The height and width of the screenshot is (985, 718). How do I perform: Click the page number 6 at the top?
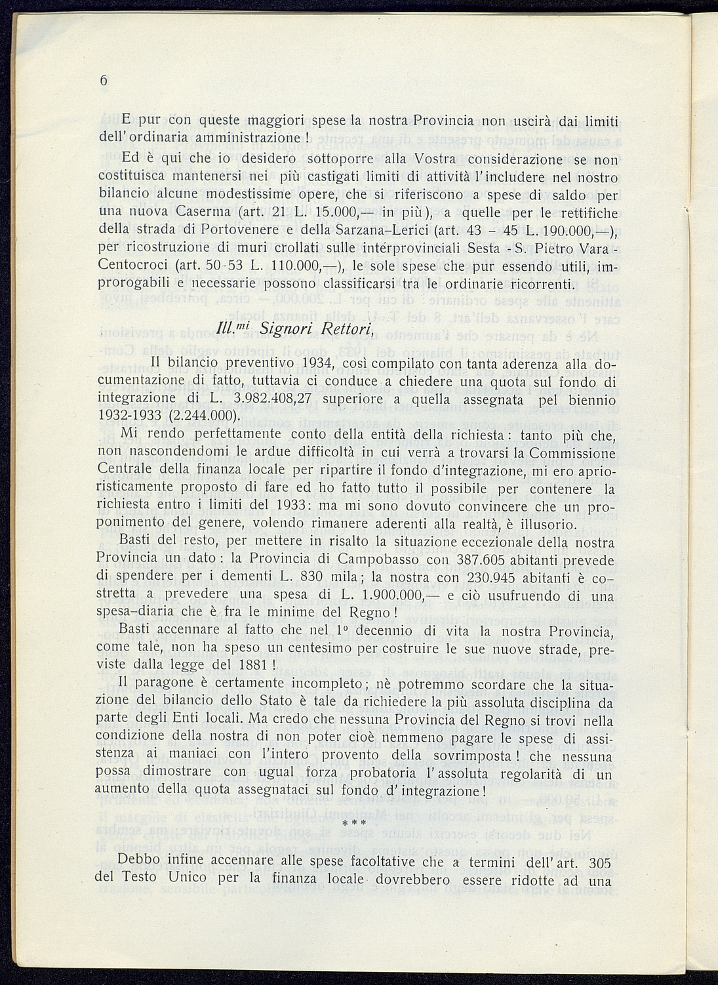(104, 81)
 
